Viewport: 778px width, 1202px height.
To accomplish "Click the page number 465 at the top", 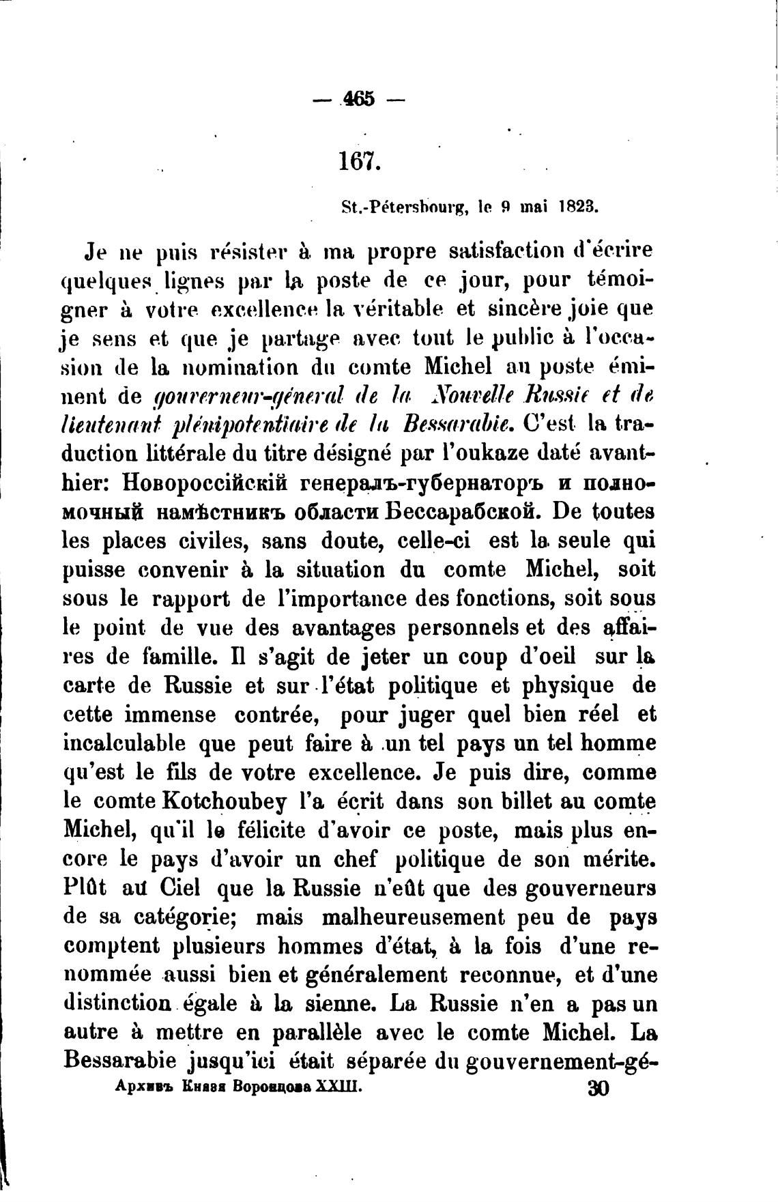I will [359, 99].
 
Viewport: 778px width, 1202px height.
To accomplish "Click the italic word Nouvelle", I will [472, 397].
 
